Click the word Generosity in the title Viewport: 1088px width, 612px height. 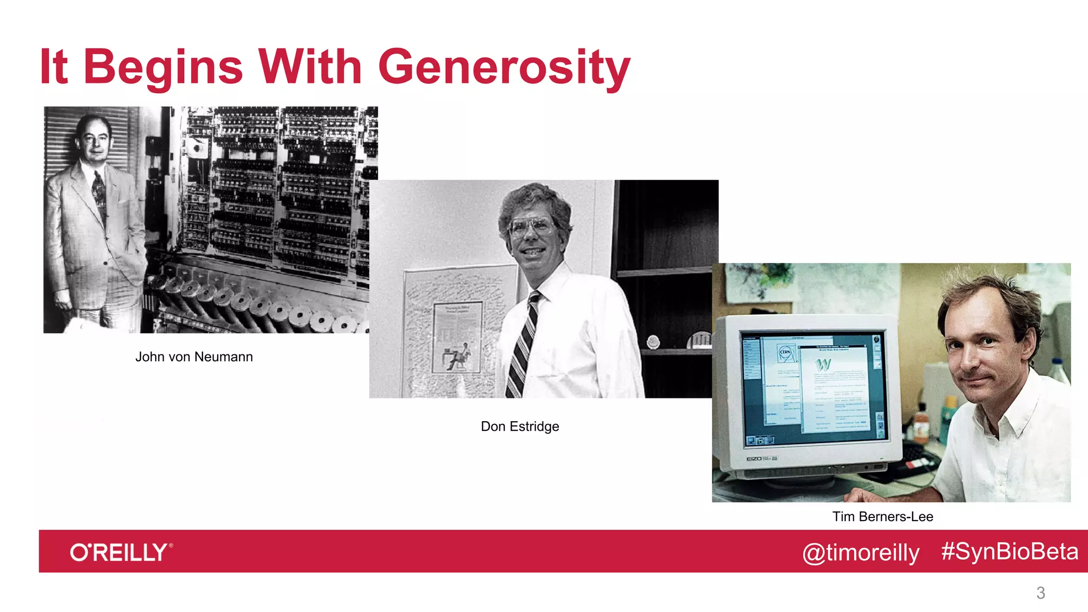(x=504, y=67)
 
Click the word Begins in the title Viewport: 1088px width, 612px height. (x=163, y=67)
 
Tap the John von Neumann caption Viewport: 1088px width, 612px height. (x=194, y=357)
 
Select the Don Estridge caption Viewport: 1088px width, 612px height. (x=520, y=427)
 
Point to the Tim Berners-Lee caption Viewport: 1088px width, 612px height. (x=882, y=516)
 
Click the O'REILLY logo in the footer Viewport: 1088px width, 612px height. (x=121, y=552)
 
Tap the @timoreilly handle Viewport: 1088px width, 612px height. (x=861, y=552)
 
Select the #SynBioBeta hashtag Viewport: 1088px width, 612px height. (x=1009, y=551)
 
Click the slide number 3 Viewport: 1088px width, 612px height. (x=1040, y=593)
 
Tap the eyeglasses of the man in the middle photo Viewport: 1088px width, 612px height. (x=530, y=227)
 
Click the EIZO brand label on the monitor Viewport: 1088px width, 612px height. (x=754, y=458)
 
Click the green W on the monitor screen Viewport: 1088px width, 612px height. (x=823, y=364)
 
